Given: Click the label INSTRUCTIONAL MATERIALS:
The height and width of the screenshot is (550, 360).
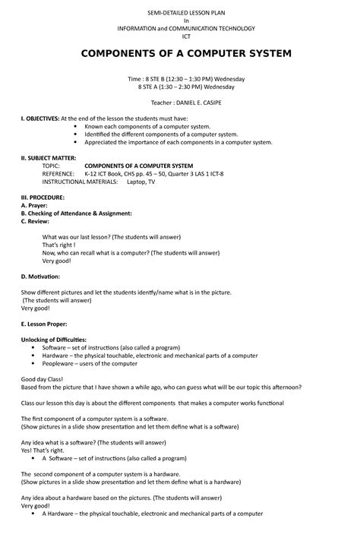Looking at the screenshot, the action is tap(81, 182).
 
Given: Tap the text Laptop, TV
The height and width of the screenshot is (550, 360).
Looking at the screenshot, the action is tap(141, 182).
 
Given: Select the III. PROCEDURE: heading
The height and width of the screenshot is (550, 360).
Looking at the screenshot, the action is tap(43, 197).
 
